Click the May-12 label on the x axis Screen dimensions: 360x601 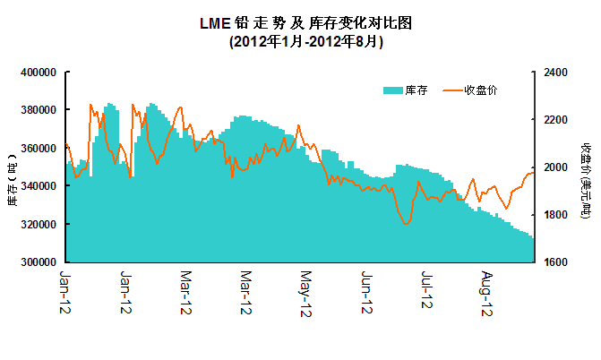[305, 292]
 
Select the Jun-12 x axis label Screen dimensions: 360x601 [365, 292]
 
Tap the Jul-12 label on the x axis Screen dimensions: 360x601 [426, 292]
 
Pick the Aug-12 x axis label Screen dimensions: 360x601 [487, 292]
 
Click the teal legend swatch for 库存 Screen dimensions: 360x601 [392, 90]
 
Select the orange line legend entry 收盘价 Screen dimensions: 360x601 [470, 90]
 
